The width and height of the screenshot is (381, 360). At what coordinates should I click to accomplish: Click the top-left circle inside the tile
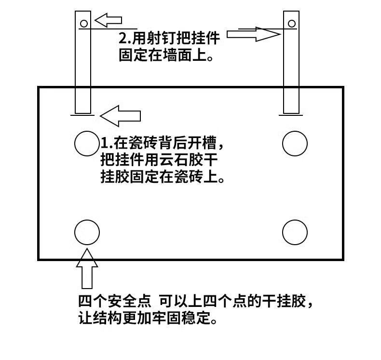click(87, 144)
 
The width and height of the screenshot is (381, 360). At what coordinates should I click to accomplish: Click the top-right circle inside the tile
click(295, 144)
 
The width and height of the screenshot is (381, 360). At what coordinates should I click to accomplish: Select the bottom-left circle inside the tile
click(87, 233)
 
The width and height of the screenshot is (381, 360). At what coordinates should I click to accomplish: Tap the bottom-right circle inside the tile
click(295, 233)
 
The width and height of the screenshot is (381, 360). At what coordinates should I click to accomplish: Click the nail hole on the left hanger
click(83, 23)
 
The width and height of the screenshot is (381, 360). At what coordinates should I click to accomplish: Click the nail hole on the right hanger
click(291, 23)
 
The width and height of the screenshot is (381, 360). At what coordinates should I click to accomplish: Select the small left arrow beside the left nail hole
click(107, 20)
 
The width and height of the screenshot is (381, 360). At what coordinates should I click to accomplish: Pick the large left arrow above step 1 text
click(120, 115)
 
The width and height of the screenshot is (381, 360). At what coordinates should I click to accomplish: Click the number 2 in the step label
click(122, 38)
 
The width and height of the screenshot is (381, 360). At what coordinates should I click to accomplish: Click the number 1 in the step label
click(104, 143)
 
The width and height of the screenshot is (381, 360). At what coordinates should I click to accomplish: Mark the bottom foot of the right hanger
click(290, 114)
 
